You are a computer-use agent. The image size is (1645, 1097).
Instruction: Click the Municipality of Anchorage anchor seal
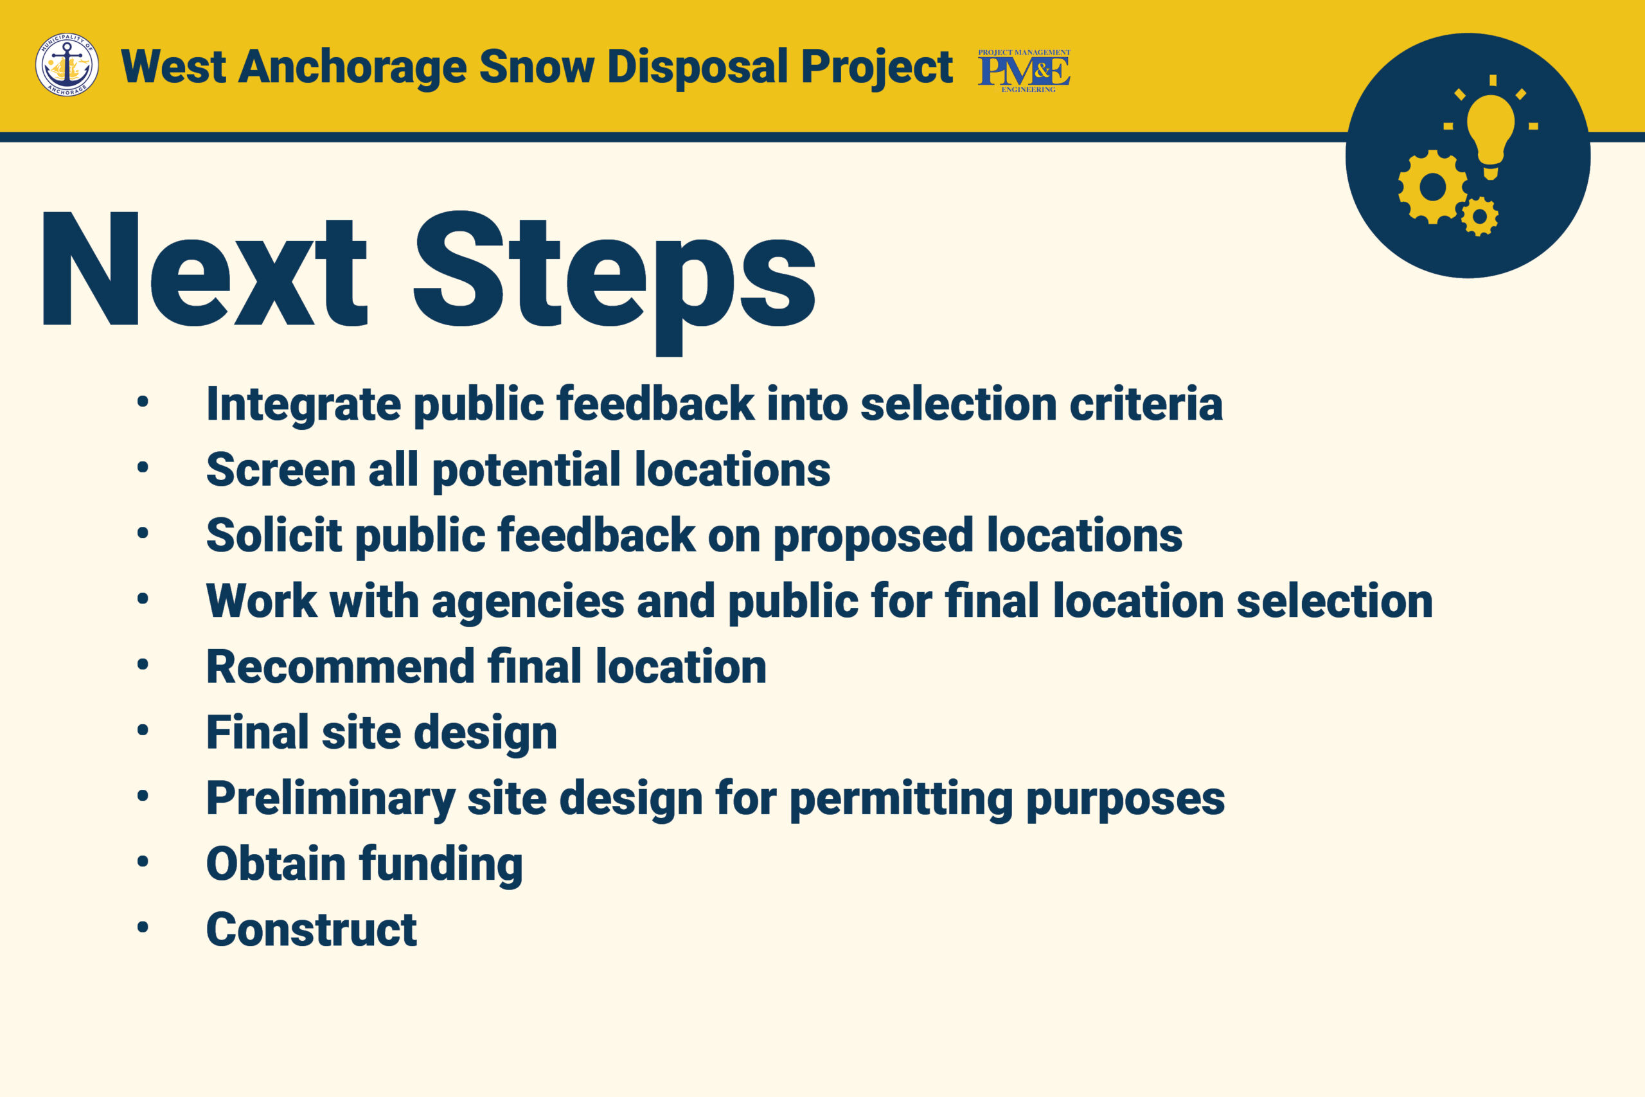[67, 65]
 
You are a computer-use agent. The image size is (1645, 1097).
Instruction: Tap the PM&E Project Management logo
[1024, 71]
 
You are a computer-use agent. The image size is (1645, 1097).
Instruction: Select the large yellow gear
[1432, 187]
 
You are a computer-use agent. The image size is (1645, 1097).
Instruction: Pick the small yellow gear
[1480, 216]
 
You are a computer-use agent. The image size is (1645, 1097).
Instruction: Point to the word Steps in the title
[615, 280]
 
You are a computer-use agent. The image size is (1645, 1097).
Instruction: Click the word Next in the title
[205, 269]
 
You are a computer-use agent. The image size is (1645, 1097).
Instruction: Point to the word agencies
[528, 602]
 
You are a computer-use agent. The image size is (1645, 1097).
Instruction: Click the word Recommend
[341, 666]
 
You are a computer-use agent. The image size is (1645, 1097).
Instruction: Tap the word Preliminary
[331, 799]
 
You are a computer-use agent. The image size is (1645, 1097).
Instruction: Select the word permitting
[902, 799]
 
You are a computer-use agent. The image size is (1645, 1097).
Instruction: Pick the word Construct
[312, 930]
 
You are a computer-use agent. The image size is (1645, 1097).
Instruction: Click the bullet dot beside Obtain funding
[143, 862]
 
